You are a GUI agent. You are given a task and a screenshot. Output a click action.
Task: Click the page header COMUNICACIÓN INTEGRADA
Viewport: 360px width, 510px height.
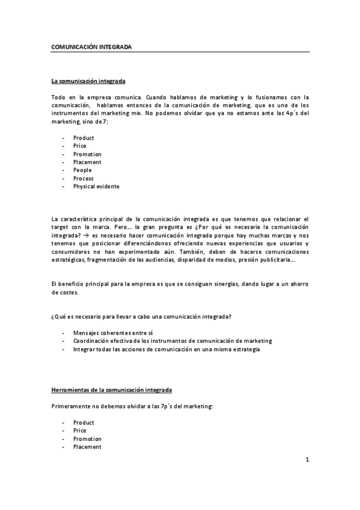coord(91,46)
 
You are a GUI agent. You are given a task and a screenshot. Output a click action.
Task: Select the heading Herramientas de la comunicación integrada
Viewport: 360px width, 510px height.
coord(111,390)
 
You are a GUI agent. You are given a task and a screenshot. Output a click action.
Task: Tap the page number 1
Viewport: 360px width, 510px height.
coord(307,461)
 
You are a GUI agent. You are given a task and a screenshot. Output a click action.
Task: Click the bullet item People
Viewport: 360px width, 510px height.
coord(82,170)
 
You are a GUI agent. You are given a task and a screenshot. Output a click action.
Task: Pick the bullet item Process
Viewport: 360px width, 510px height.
coord(83,179)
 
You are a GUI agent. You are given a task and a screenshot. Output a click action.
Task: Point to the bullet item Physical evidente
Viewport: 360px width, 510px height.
coord(96,186)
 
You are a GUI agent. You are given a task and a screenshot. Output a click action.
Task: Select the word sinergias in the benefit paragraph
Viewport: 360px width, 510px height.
coord(221,283)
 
